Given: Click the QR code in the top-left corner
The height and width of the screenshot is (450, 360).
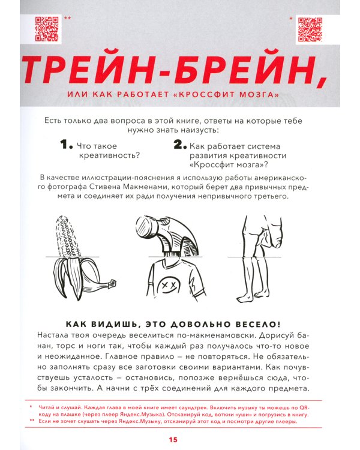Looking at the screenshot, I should coord(46,28).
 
